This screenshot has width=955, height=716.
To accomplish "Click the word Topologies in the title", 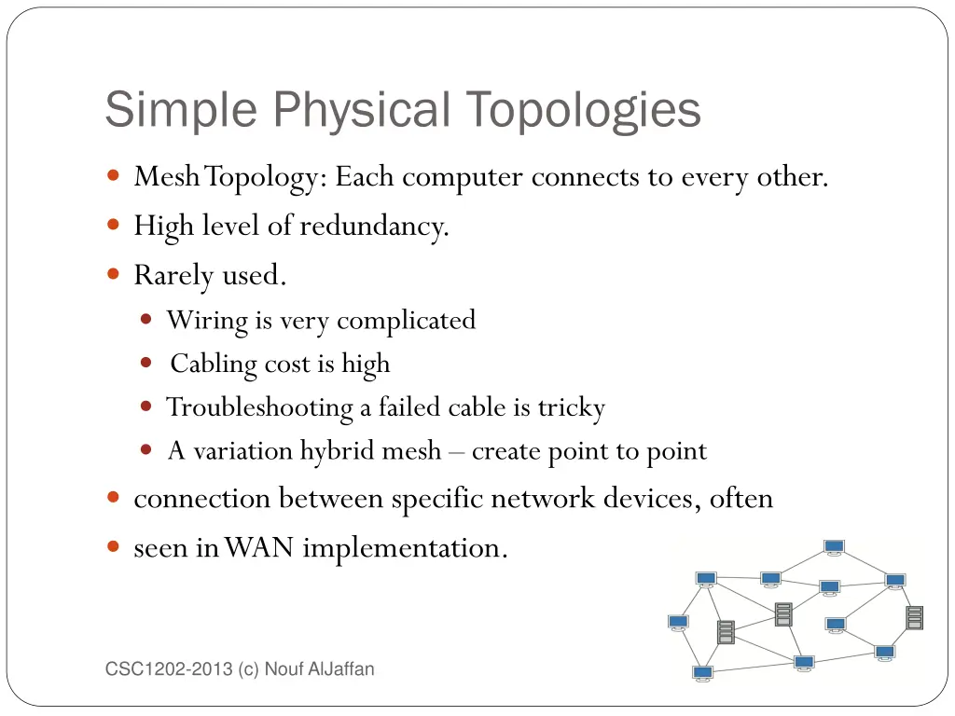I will pos(584,110).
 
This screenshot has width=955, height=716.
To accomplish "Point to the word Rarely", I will pos(173,276).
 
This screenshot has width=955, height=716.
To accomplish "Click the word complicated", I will pos(406,321).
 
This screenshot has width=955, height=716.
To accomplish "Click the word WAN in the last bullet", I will pos(259,548).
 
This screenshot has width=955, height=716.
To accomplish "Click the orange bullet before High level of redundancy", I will pos(114,225).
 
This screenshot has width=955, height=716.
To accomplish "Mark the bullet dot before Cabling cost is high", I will pos(146,363).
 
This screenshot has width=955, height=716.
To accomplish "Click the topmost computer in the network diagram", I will pos(834,548).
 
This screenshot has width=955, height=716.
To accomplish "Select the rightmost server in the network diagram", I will pos(914,617).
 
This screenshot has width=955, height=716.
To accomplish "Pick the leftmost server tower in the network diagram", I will pos(726,631).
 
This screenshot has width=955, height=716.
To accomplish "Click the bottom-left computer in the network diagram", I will pos(703,672).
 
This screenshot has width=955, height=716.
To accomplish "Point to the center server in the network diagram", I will pos(783,613).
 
